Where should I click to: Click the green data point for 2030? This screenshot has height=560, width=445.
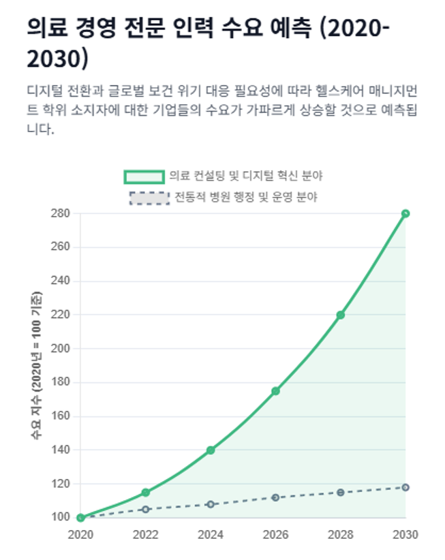point(405,213)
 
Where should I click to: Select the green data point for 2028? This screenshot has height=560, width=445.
point(340,315)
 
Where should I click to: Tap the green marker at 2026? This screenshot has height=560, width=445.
point(275,391)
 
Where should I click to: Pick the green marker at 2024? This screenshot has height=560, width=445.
point(211,450)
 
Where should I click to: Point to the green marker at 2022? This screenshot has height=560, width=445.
point(146,493)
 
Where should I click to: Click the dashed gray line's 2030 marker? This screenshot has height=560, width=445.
point(405,487)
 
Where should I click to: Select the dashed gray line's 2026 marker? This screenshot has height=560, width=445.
point(275,497)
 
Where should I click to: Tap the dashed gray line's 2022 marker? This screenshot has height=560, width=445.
point(146,509)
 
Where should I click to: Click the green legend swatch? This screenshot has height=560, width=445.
point(144,176)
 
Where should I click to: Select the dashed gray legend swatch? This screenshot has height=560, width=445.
point(149,198)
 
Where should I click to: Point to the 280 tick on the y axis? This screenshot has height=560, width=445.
point(61,213)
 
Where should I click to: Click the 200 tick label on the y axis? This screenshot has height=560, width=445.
point(61,348)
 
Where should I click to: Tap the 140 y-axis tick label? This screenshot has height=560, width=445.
point(61,450)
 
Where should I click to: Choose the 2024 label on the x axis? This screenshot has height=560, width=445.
point(211,535)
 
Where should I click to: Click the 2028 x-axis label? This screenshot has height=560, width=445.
point(340,535)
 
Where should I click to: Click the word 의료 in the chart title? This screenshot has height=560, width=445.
point(47,27)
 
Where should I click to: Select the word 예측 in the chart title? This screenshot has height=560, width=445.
point(291,27)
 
